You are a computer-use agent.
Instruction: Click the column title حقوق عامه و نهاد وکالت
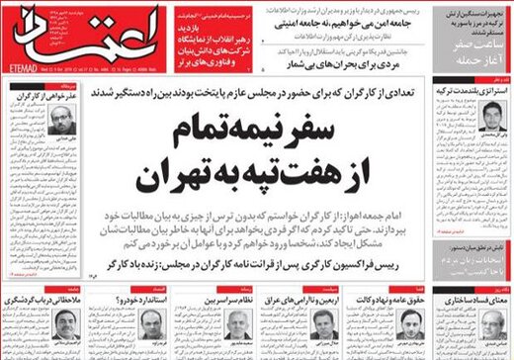click(x=390, y=296)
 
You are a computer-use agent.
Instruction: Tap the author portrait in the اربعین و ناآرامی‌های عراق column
click(x=323, y=320)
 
